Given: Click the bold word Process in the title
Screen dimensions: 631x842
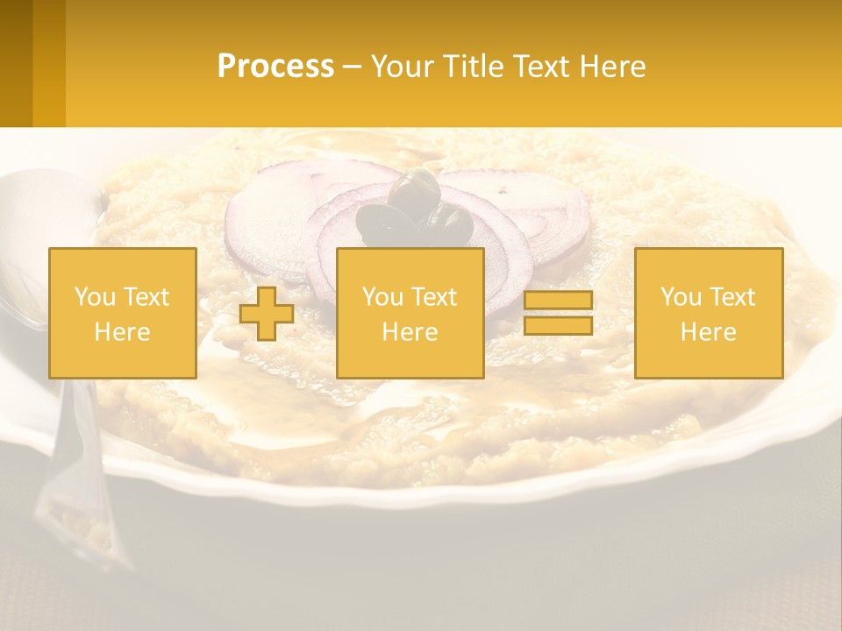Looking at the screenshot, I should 275,67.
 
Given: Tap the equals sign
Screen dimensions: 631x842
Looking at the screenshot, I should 558,313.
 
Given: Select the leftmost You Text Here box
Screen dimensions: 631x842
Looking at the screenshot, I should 123,313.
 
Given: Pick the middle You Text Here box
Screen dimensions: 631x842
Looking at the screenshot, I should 410,313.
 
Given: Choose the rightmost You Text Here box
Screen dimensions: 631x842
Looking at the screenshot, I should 708,313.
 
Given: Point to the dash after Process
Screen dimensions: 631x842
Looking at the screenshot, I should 352,67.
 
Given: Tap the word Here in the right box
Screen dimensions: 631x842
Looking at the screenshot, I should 708,331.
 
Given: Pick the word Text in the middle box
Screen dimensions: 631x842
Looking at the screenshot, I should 434,297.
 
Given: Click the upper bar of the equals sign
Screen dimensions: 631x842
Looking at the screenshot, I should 558,301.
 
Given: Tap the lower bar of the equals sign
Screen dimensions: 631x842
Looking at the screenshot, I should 558,326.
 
